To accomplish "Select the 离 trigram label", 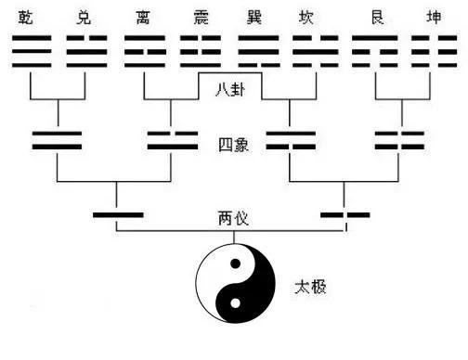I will tap(143, 17).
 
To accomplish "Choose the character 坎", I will tap(308, 17).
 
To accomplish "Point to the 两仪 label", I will tap(231, 219).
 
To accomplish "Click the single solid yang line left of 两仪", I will tap(118, 216).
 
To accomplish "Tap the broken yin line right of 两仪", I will tap(344, 216).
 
